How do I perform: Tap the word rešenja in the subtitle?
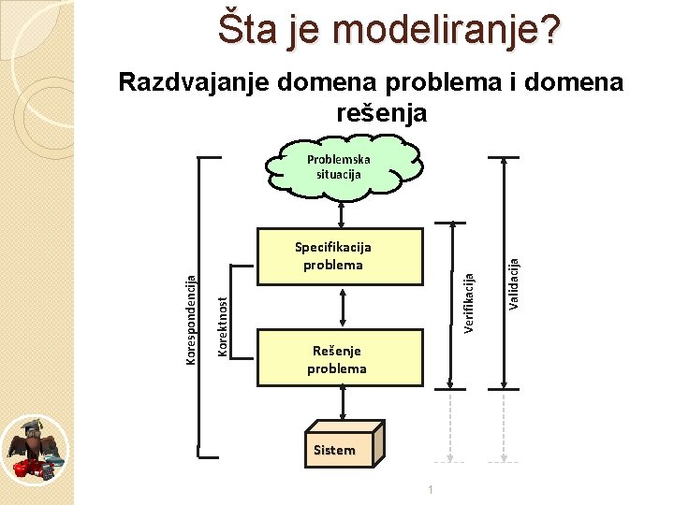coord(380,113)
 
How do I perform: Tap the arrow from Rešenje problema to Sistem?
coord(343,404)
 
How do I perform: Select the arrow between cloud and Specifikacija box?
coord(343,212)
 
